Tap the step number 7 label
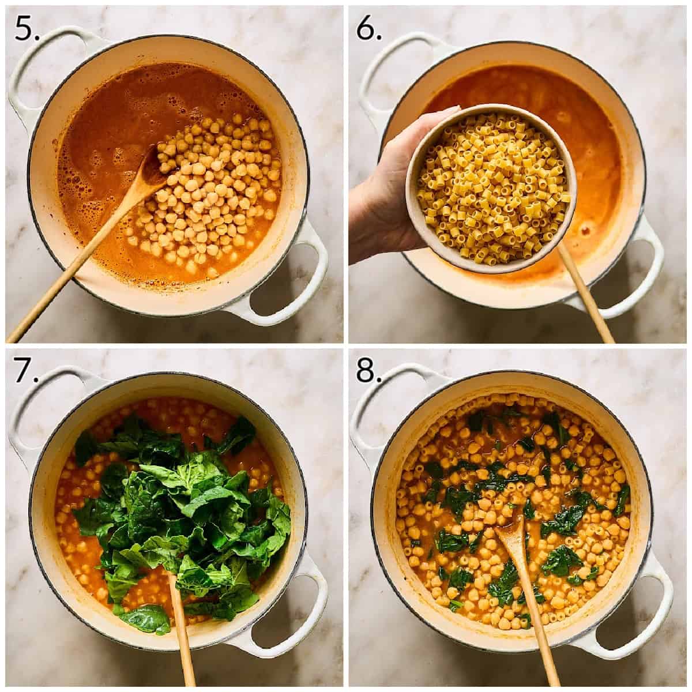point(26,369)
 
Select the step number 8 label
point(368,369)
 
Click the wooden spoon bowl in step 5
point(155,172)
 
